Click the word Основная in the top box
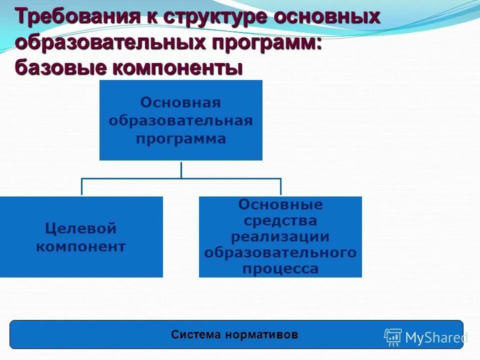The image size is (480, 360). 180,102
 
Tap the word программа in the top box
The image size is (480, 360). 180,138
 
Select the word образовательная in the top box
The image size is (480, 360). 180,120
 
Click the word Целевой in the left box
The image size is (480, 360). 80,228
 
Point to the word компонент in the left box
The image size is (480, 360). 80,246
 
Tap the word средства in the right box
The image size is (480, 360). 280,220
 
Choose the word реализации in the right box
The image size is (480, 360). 280,236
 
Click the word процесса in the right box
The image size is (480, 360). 280,269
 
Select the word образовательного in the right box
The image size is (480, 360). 280,252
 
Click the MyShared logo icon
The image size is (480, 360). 393,337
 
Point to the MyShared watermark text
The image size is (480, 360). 435,338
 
